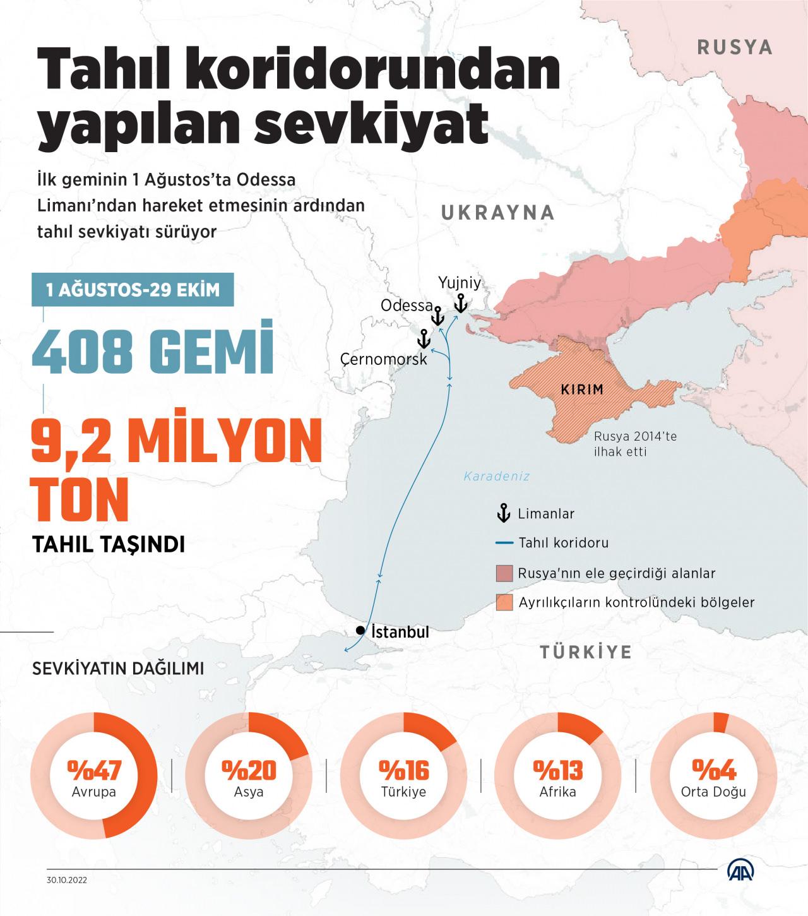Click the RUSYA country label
(x=734, y=47)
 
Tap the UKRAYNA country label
(x=497, y=213)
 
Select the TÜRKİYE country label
(x=585, y=651)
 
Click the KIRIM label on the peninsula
(x=582, y=390)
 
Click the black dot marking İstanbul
(x=360, y=630)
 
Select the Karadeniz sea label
(x=497, y=477)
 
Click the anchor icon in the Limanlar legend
(x=504, y=513)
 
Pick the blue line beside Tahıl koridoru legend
(x=504, y=542)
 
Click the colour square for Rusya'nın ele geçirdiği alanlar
(x=504, y=573)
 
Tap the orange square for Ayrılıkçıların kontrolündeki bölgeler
(x=504, y=602)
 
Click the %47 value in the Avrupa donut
(x=93, y=770)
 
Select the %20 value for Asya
(x=249, y=770)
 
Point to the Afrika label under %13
(x=558, y=792)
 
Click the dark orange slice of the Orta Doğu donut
(x=721, y=722)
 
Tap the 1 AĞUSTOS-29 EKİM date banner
(x=133, y=290)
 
